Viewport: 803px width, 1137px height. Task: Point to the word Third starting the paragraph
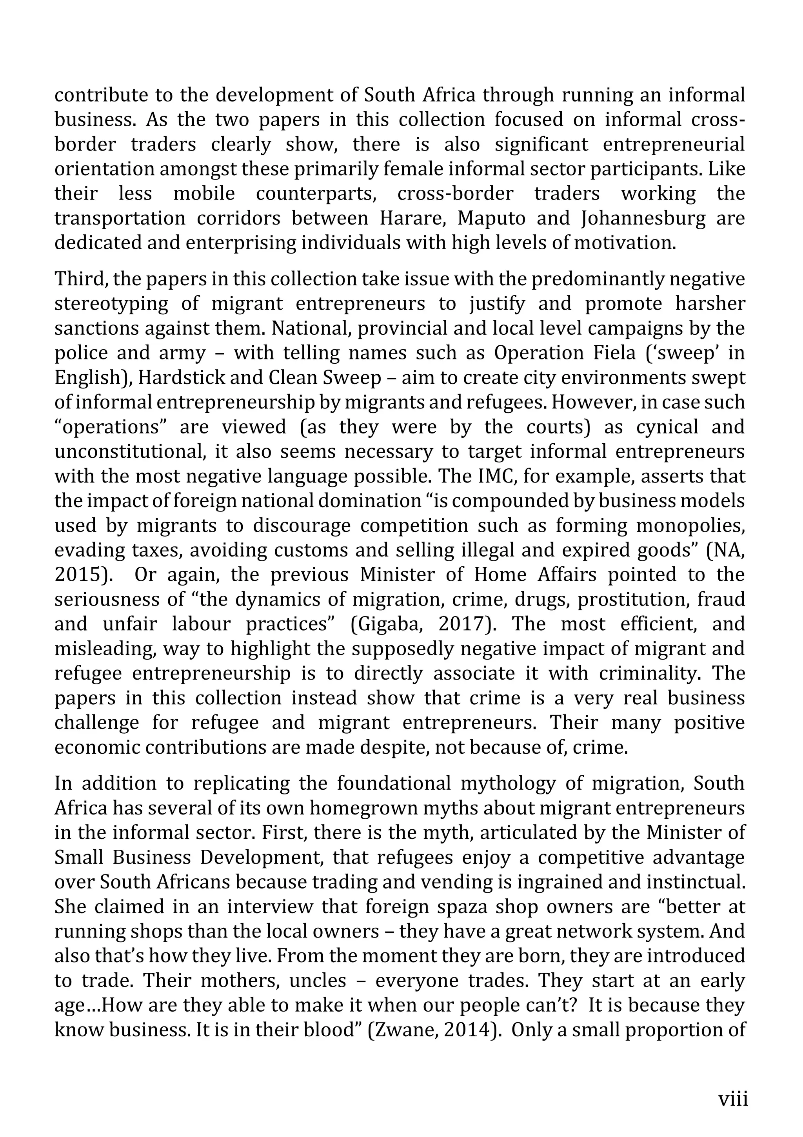coord(81,279)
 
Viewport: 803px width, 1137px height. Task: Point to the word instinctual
coord(696,882)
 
